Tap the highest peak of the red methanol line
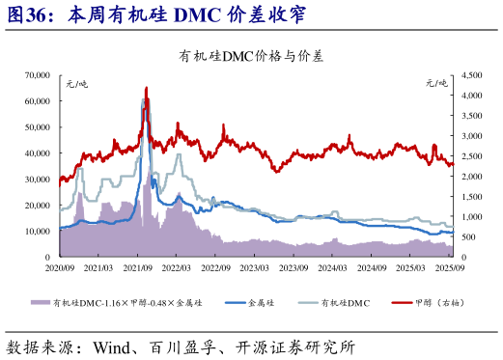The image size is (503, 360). pyautogui.click(x=146, y=89)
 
